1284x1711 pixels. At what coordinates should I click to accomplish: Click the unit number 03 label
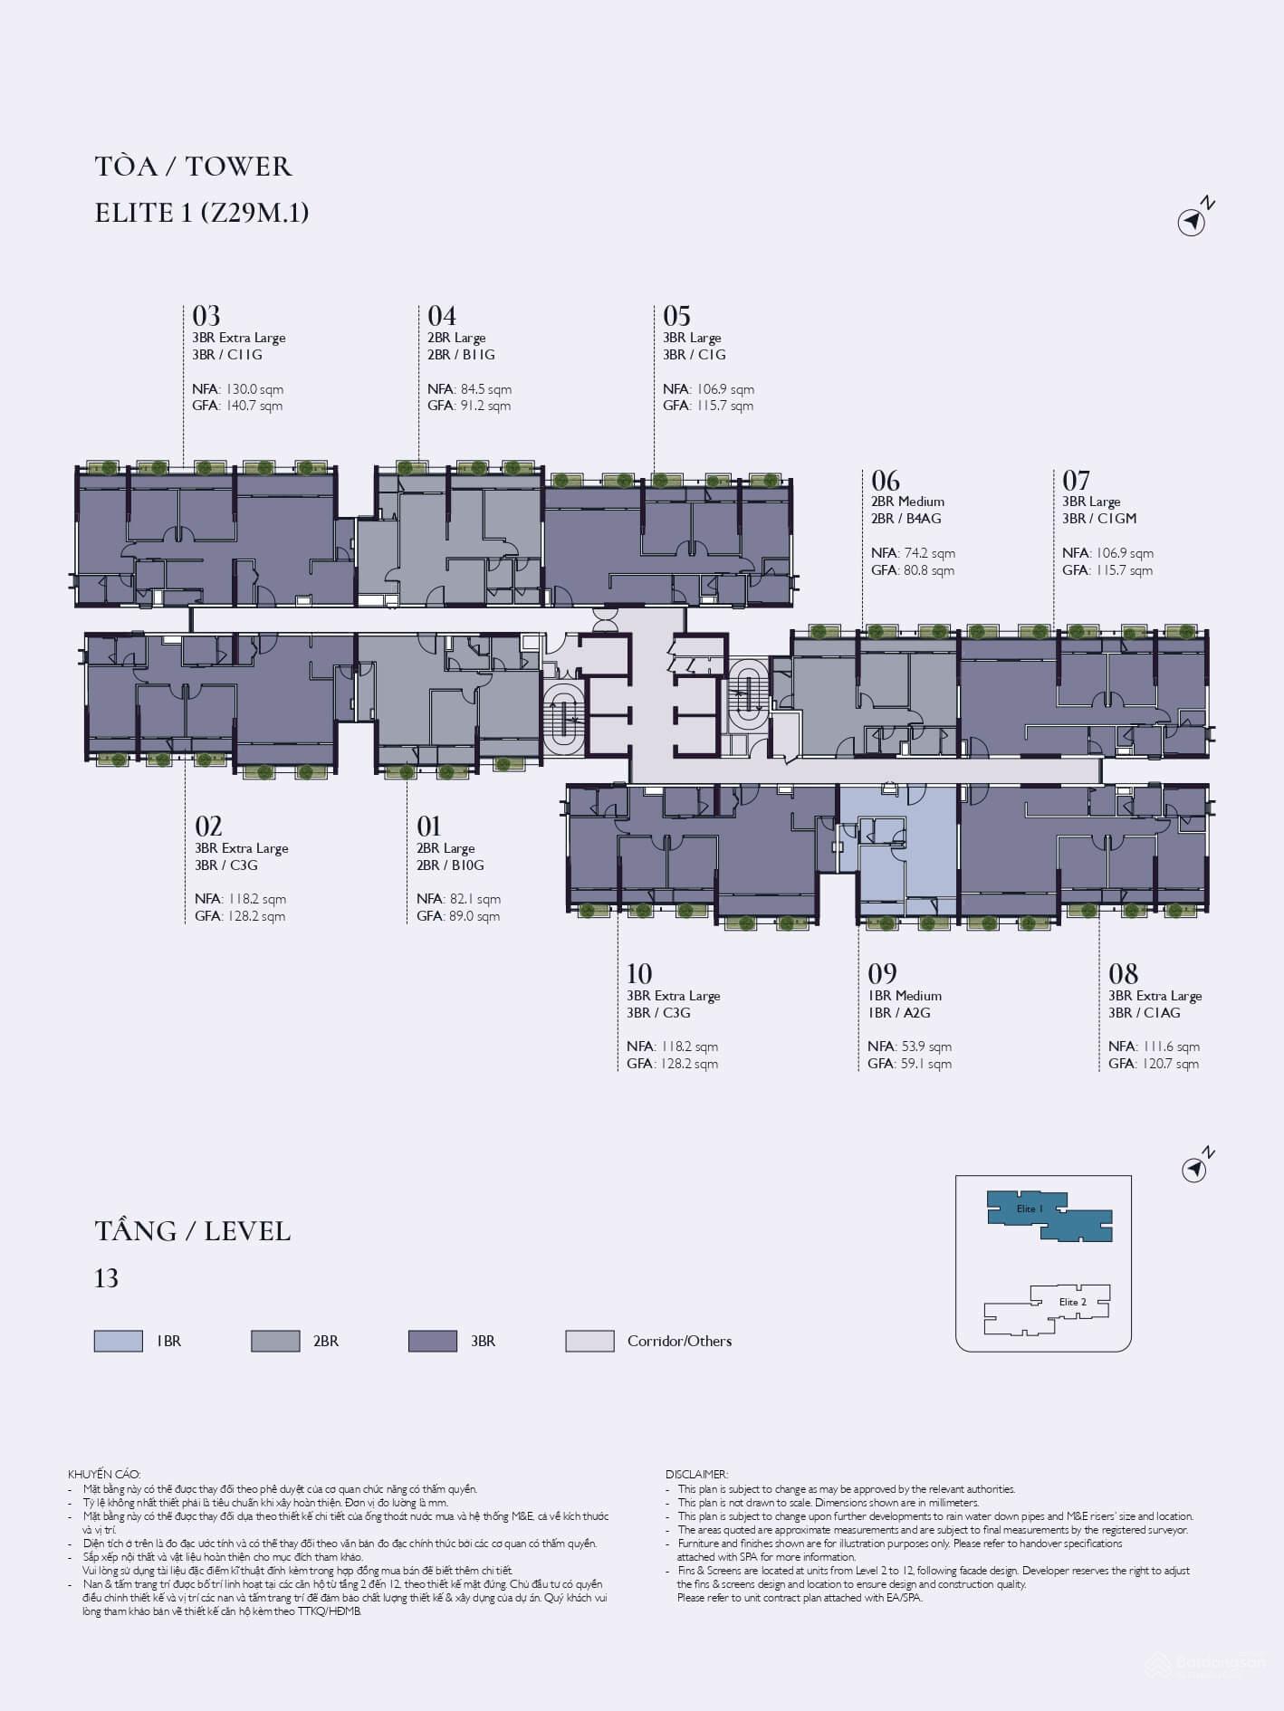coord(206,316)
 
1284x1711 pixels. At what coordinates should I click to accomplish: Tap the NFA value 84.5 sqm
coord(486,389)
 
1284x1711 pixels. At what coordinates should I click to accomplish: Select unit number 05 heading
coord(677,316)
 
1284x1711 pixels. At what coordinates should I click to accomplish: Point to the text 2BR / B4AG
coord(906,519)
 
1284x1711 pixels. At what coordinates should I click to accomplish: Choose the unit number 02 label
coord(209,826)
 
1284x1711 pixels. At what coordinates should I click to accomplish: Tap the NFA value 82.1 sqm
coord(475,899)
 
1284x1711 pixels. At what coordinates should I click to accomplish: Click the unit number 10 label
coord(639,973)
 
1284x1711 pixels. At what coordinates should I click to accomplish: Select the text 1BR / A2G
coord(899,1013)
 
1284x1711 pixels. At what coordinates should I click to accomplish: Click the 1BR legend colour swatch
coord(119,1341)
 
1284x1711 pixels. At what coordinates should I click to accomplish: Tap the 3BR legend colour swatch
coord(433,1341)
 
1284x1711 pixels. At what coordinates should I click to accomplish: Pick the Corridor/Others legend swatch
coord(589,1341)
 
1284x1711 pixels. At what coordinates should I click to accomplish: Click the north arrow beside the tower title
coord(1193,220)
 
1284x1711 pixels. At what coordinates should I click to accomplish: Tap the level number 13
coord(107,1278)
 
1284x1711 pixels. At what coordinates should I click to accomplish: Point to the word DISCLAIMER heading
coord(696,1475)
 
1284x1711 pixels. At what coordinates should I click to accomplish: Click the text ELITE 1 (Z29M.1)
coord(202,213)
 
